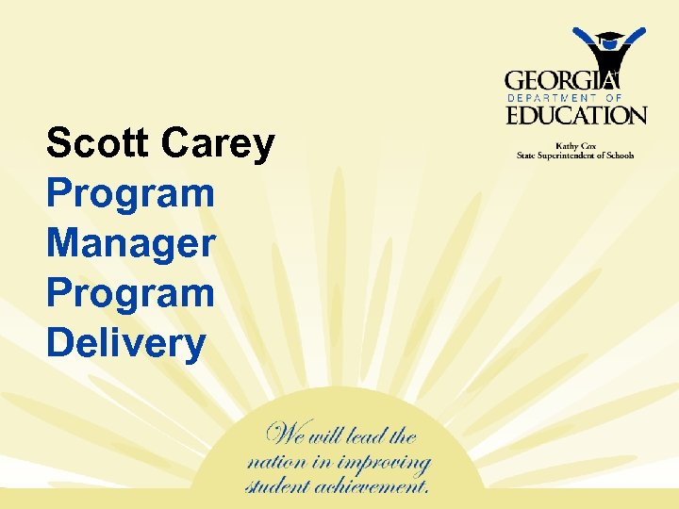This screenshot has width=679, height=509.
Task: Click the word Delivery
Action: coord(125,344)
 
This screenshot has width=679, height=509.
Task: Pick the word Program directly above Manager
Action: coord(130,195)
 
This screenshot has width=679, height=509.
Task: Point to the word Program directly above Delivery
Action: coord(130,294)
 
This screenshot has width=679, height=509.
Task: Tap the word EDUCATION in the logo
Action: coord(576,116)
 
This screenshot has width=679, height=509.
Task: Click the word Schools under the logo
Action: coord(619,156)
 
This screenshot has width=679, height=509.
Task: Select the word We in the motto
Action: coord(288,435)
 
